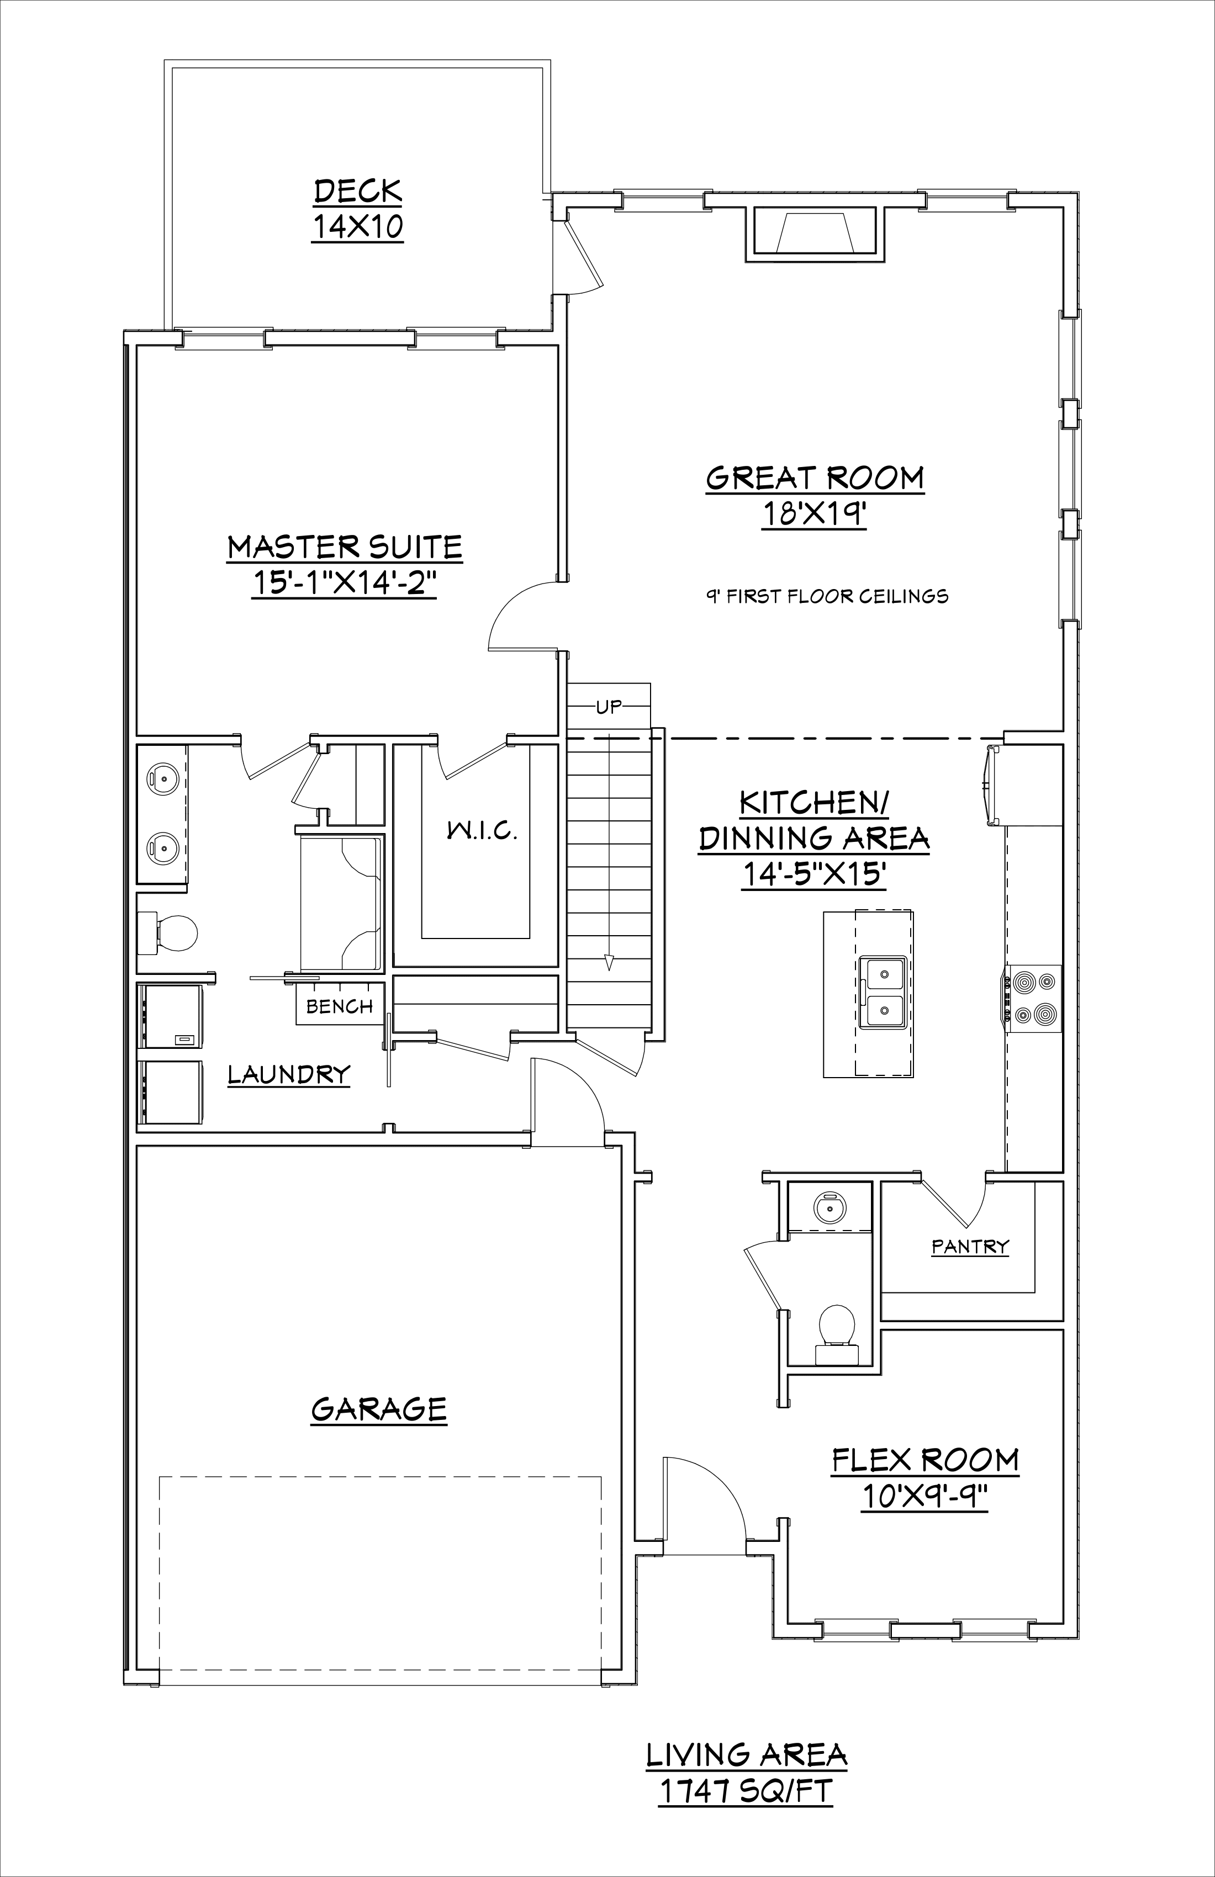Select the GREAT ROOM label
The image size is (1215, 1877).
(815, 478)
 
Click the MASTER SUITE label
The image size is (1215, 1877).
(345, 547)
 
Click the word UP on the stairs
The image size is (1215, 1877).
(609, 707)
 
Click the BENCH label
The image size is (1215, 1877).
(339, 1006)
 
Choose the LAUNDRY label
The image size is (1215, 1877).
(289, 1074)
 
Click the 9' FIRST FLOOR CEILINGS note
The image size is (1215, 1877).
(827, 596)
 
